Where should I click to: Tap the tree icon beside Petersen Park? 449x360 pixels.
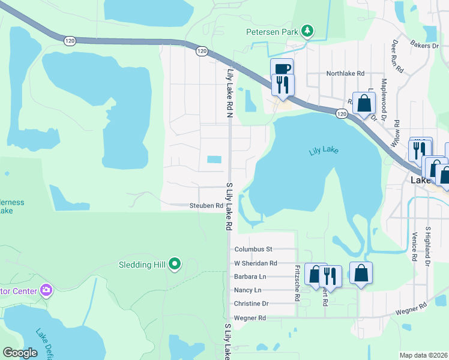pyautogui.click(x=307, y=30)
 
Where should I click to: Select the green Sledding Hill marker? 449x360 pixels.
pyautogui.click(x=175, y=263)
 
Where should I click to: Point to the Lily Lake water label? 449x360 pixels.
pyautogui.click(x=324, y=151)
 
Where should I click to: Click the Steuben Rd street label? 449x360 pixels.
pyautogui.click(x=206, y=206)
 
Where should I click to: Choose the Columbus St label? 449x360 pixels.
pyautogui.click(x=253, y=249)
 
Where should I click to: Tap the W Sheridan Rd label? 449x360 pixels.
pyautogui.click(x=256, y=263)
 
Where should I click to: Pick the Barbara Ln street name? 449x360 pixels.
pyautogui.click(x=250, y=277)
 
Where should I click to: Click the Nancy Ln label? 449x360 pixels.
pyautogui.click(x=247, y=290)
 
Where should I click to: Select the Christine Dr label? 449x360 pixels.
pyautogui.click(x=251, y=304)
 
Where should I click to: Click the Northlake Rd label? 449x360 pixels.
pyautogui.click(x=345, y=73)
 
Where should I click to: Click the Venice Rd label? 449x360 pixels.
pyautogui.click(x=414, y=246)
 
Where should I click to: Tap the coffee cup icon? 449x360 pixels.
pyautogui.click(x=282, y=68)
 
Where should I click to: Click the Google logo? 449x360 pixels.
pyautogui.click(x=20, y=352)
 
